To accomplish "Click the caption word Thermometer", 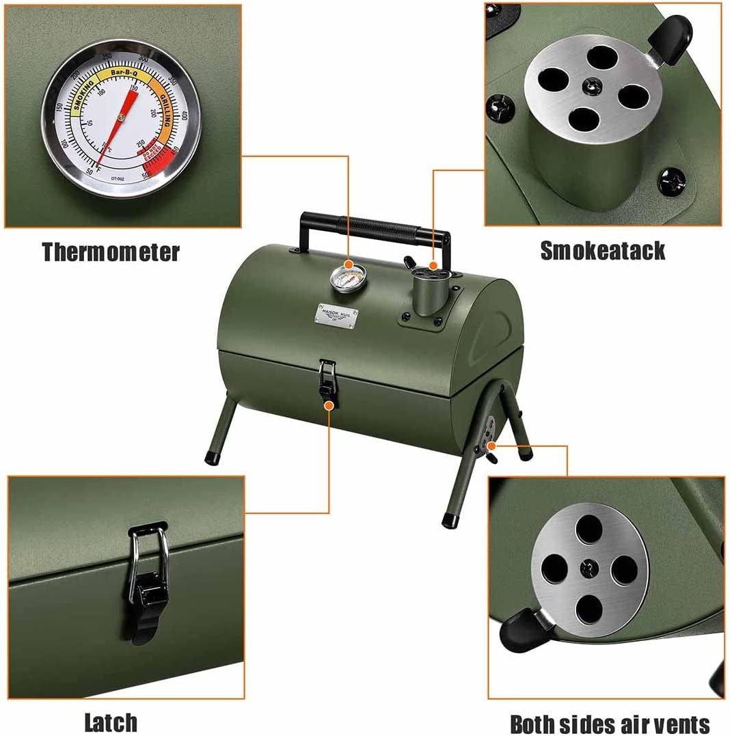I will [111, 252].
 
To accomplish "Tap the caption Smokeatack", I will [602, 251].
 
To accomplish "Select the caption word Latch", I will [111, 722].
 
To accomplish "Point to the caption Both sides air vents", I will [610, 724].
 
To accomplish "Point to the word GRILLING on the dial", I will [163, 109].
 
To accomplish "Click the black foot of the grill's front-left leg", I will [213, 457].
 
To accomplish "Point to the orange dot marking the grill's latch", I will [329, 405].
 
